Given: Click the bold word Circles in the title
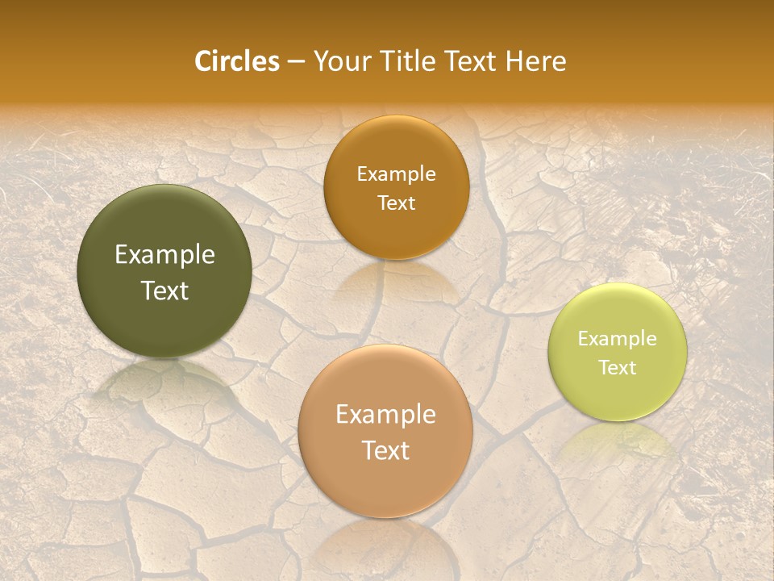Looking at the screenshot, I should coord(236,61).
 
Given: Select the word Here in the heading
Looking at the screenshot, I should coord(536,61).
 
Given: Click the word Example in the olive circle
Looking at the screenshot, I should coord(164,255).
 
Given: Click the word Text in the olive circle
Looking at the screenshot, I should coord(164,290).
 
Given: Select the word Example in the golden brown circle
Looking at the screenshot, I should coord(396,173).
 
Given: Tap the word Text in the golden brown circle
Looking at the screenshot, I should coord(396,203).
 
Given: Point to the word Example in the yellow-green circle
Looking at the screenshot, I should coord(618,338).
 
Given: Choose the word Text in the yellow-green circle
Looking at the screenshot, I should coord(618,367).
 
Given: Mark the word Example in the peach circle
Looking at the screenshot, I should coord(385,414).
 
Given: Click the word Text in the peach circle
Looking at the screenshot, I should coord(385,450).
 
